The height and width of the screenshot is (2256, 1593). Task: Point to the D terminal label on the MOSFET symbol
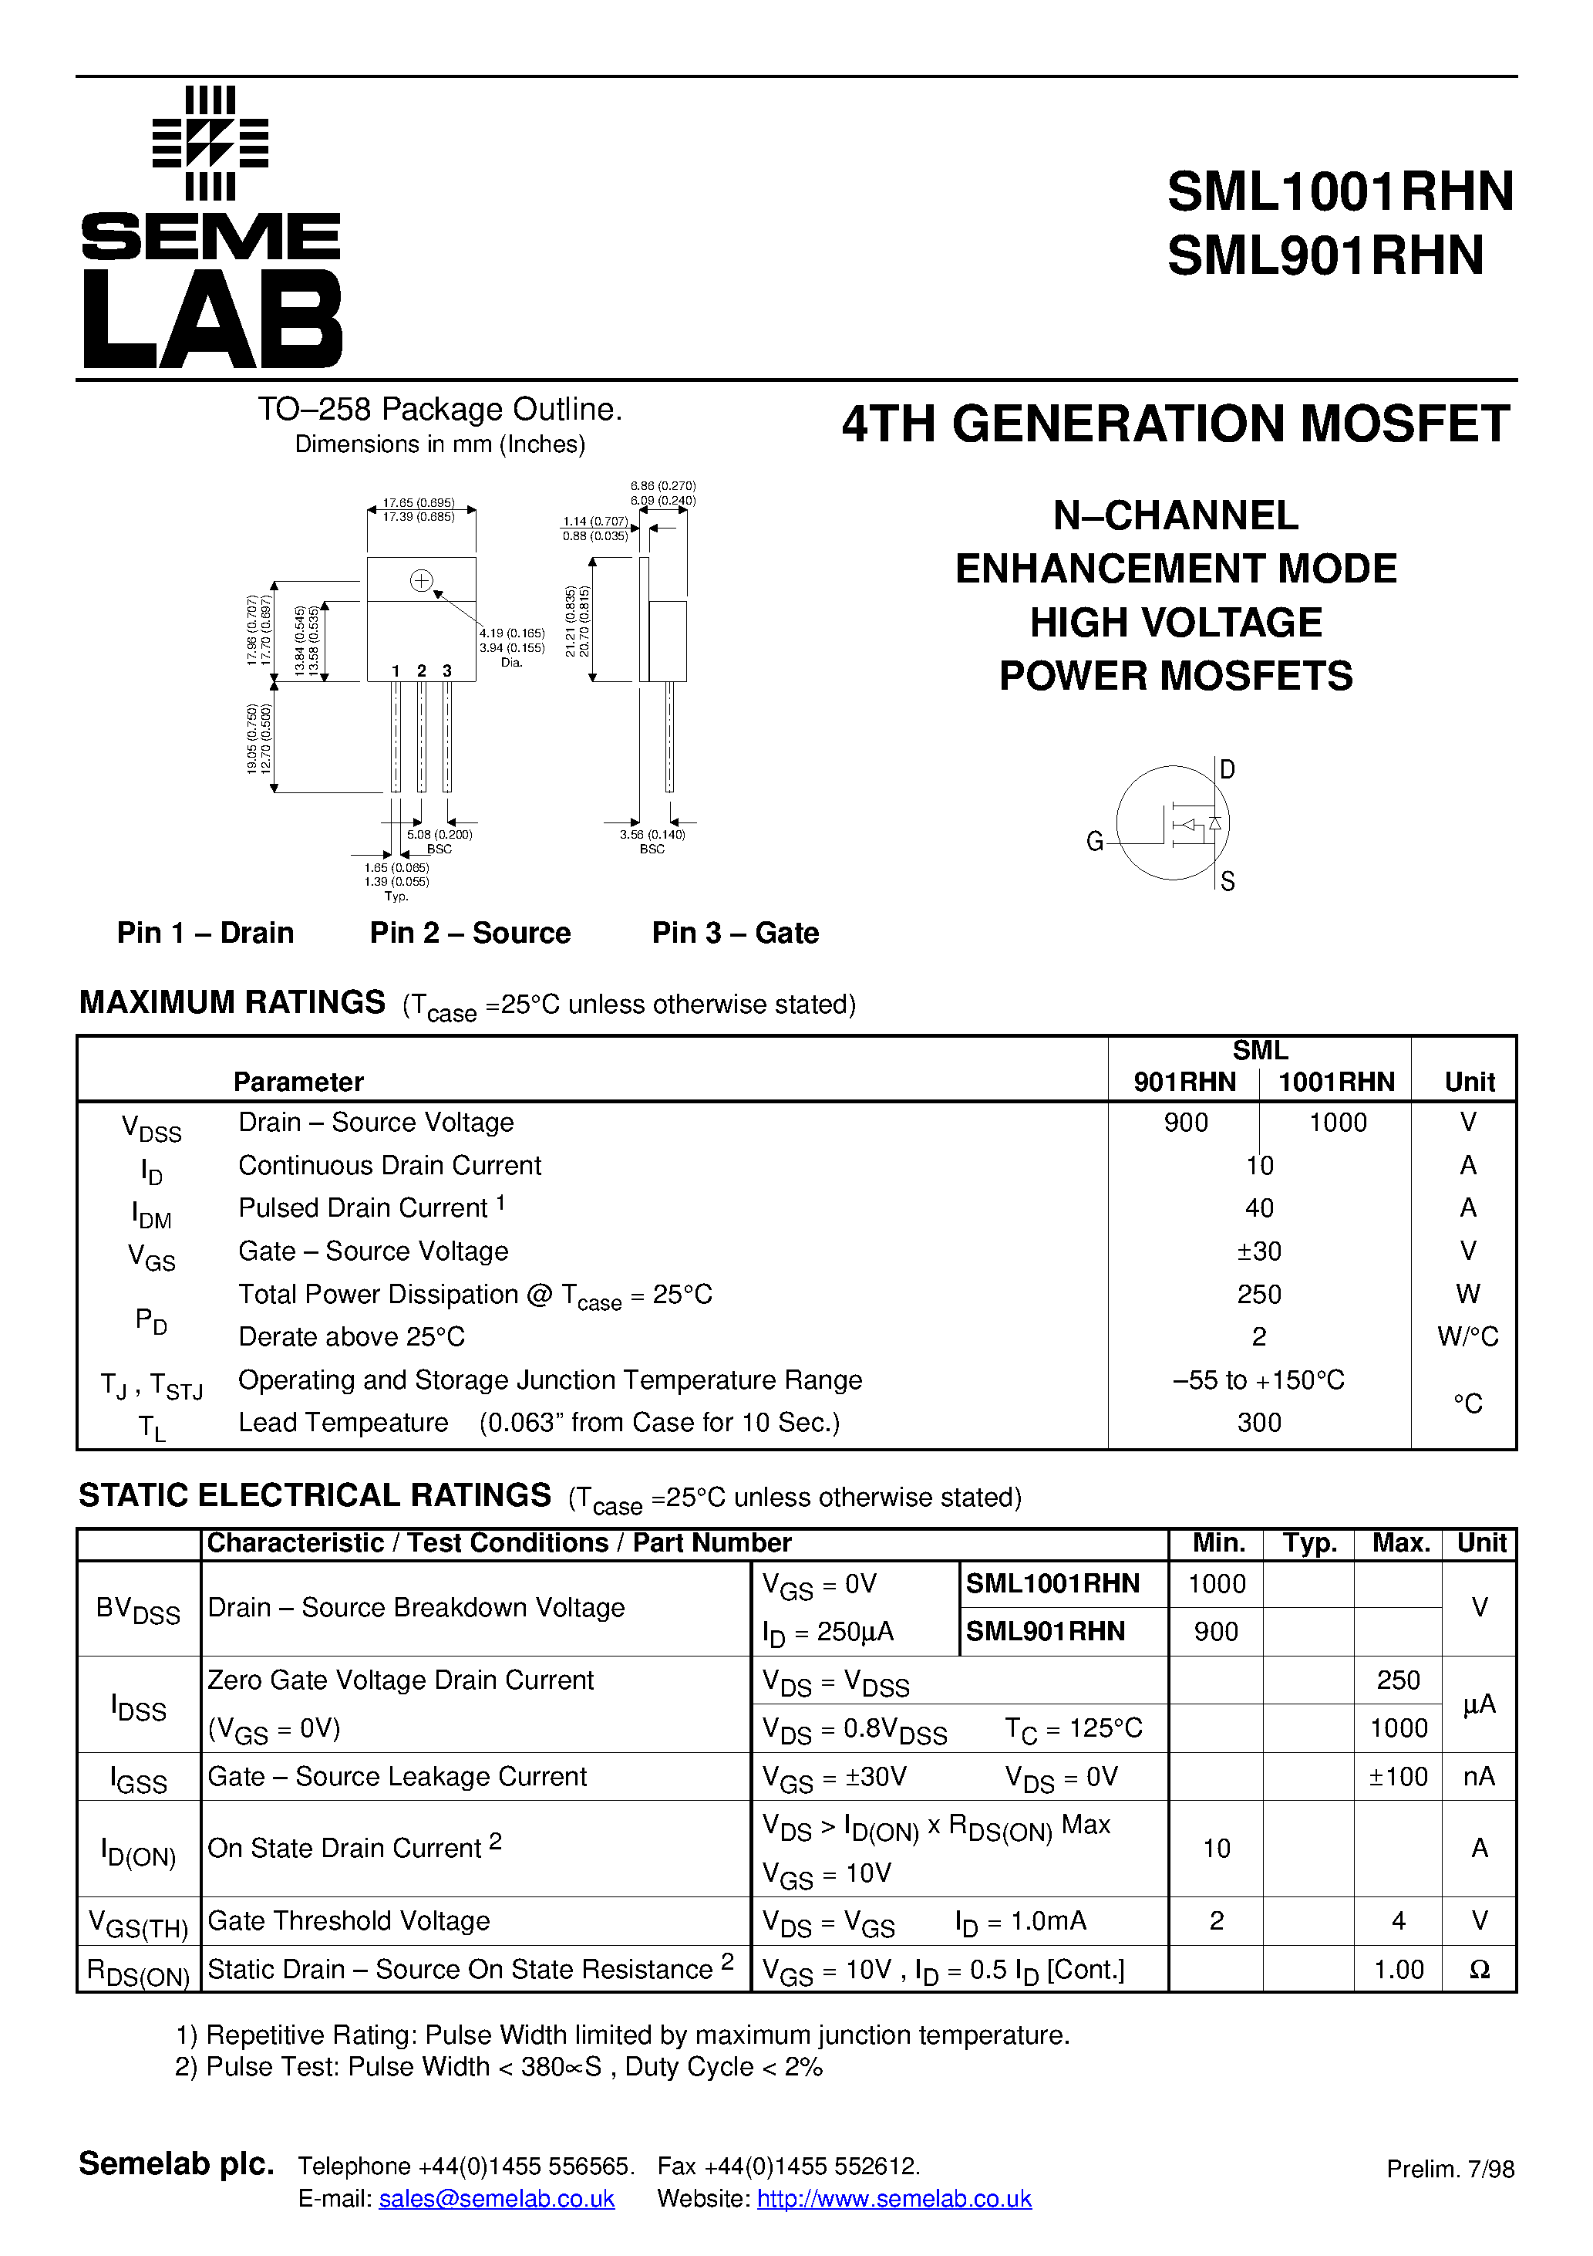pyautogui.click(x=1227, y=769)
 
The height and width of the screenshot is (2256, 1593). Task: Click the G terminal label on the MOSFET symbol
pyautogui.click(x=1094, y=841)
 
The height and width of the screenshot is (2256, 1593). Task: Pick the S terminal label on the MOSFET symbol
pyautogui.click(x=1227, y=881)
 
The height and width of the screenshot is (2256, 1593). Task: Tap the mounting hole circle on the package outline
pyautogui.click(x=421, y=581)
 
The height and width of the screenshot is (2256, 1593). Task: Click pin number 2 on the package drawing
pyautogui.click(x=421, y=671)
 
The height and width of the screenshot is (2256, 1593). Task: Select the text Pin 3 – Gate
pyautogui.click(x=735, y=933)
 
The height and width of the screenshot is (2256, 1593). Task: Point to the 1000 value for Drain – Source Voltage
pyautogui.click(x=1337, y=1122)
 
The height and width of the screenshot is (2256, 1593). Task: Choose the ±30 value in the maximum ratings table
pyautogui.click(x=1259, y=1251)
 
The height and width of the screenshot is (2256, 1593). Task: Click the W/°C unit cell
pyautogui.click(x=1467, y=1336)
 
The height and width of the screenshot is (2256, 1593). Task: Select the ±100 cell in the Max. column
pyautogui.click(x=1398, y=1777)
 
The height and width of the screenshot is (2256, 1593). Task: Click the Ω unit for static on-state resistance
pyautogui.click(x=1479, y=1969)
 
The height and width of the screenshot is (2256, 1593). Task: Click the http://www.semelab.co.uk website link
pyautogui.click(x=894, y=2198)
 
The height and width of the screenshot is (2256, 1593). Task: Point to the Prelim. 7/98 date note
pyautogui.click(x=1450, y=2169)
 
